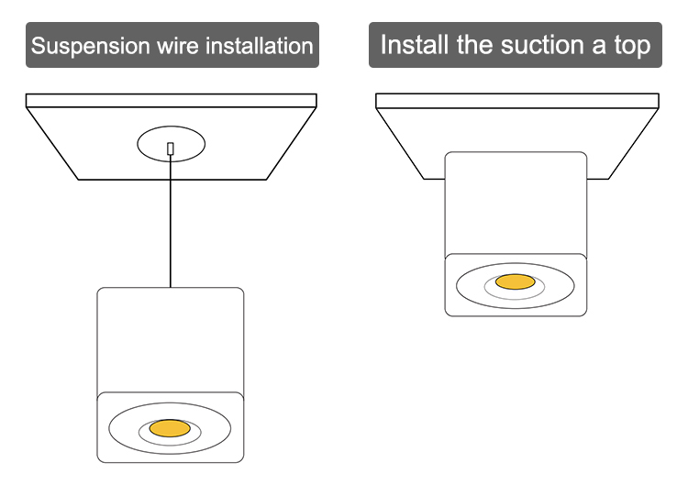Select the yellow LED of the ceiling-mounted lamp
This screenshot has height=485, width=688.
(x=515, y=281)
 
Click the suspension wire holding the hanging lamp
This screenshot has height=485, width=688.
(x=171, y=229)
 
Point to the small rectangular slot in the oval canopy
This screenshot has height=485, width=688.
(x=171, y=148)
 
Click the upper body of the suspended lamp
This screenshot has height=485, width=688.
(x=171, y=339)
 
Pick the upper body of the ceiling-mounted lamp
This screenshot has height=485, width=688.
(x=515, y=202)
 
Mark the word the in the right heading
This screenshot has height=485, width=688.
(x=480, y=45)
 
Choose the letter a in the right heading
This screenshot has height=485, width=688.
(x=595, y=45)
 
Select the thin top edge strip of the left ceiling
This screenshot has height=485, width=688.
(x=171, y=101)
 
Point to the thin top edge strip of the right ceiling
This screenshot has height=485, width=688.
(x=517, y=101)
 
